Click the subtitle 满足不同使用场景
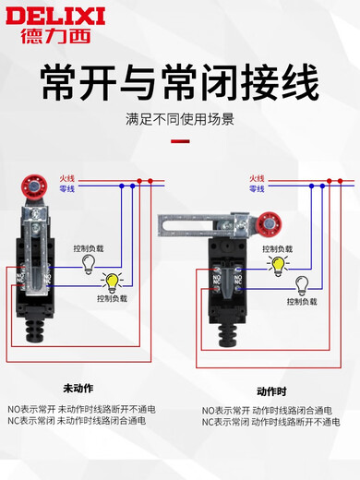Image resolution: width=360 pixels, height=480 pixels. (x=180, y=119)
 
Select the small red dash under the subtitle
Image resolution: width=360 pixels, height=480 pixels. (x=180, y=141)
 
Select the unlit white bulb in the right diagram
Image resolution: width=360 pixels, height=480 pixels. (x=300, y=282)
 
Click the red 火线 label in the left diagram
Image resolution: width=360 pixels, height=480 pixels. (x=66, y=177)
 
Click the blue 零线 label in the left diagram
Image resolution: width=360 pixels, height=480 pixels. (x=66, y=188)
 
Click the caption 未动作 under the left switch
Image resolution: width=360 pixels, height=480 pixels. (x=78, y=387)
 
